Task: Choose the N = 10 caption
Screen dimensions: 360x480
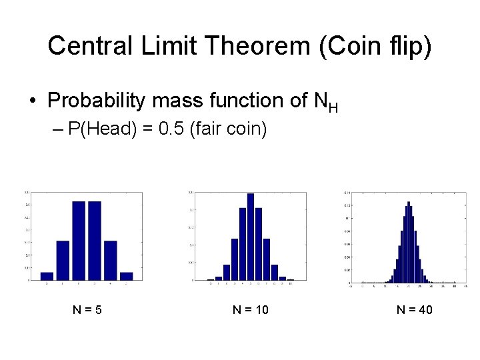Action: coord(250,310)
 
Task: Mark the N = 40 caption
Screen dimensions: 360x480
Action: coord(415,310)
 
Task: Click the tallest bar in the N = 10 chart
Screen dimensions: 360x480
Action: coord(251,237)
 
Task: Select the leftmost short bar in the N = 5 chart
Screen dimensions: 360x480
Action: coord(47,275)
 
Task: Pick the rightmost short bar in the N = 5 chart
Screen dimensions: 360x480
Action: coord(127,275)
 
